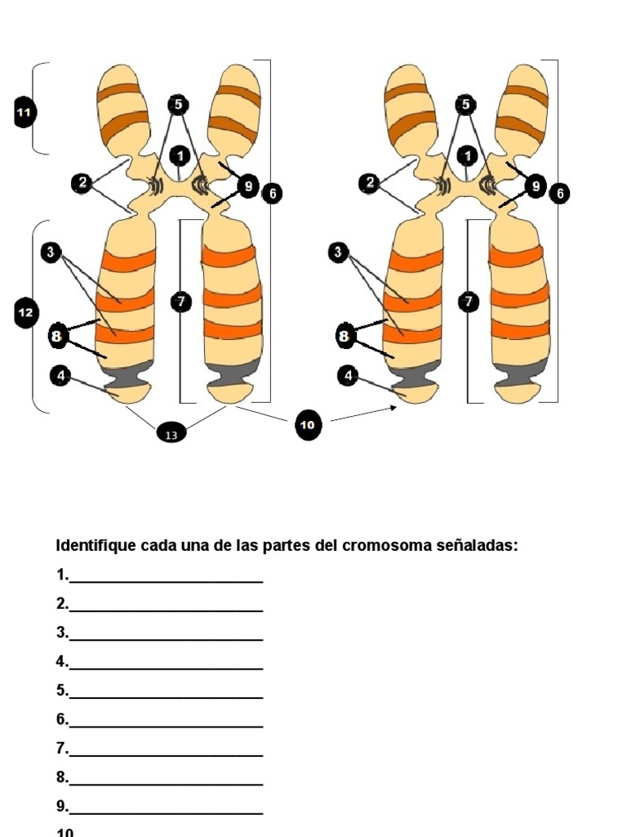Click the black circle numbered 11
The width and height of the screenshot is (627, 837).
click(24, 112)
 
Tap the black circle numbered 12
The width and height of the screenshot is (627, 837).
click(25, 312)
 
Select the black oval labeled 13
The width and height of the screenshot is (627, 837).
click(171, 435)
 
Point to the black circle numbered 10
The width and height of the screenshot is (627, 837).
click(308, 425)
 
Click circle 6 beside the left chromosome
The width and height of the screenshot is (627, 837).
click(272, 193)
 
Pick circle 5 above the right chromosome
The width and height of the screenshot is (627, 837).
click(465, 104)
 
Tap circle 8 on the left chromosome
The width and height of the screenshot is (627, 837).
click(56, 335)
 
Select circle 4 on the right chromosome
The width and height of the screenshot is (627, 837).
click(348, 375)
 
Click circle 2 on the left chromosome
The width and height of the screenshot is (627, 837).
click(82, 183)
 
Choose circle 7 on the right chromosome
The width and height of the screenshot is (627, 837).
click(468, 302)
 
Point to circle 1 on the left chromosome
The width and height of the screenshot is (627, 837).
click(180, 154)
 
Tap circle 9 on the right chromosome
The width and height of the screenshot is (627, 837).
click(536, 186)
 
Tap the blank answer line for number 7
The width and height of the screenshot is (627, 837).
click(167, 751)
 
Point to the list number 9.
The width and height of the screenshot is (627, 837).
click(62, 806)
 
